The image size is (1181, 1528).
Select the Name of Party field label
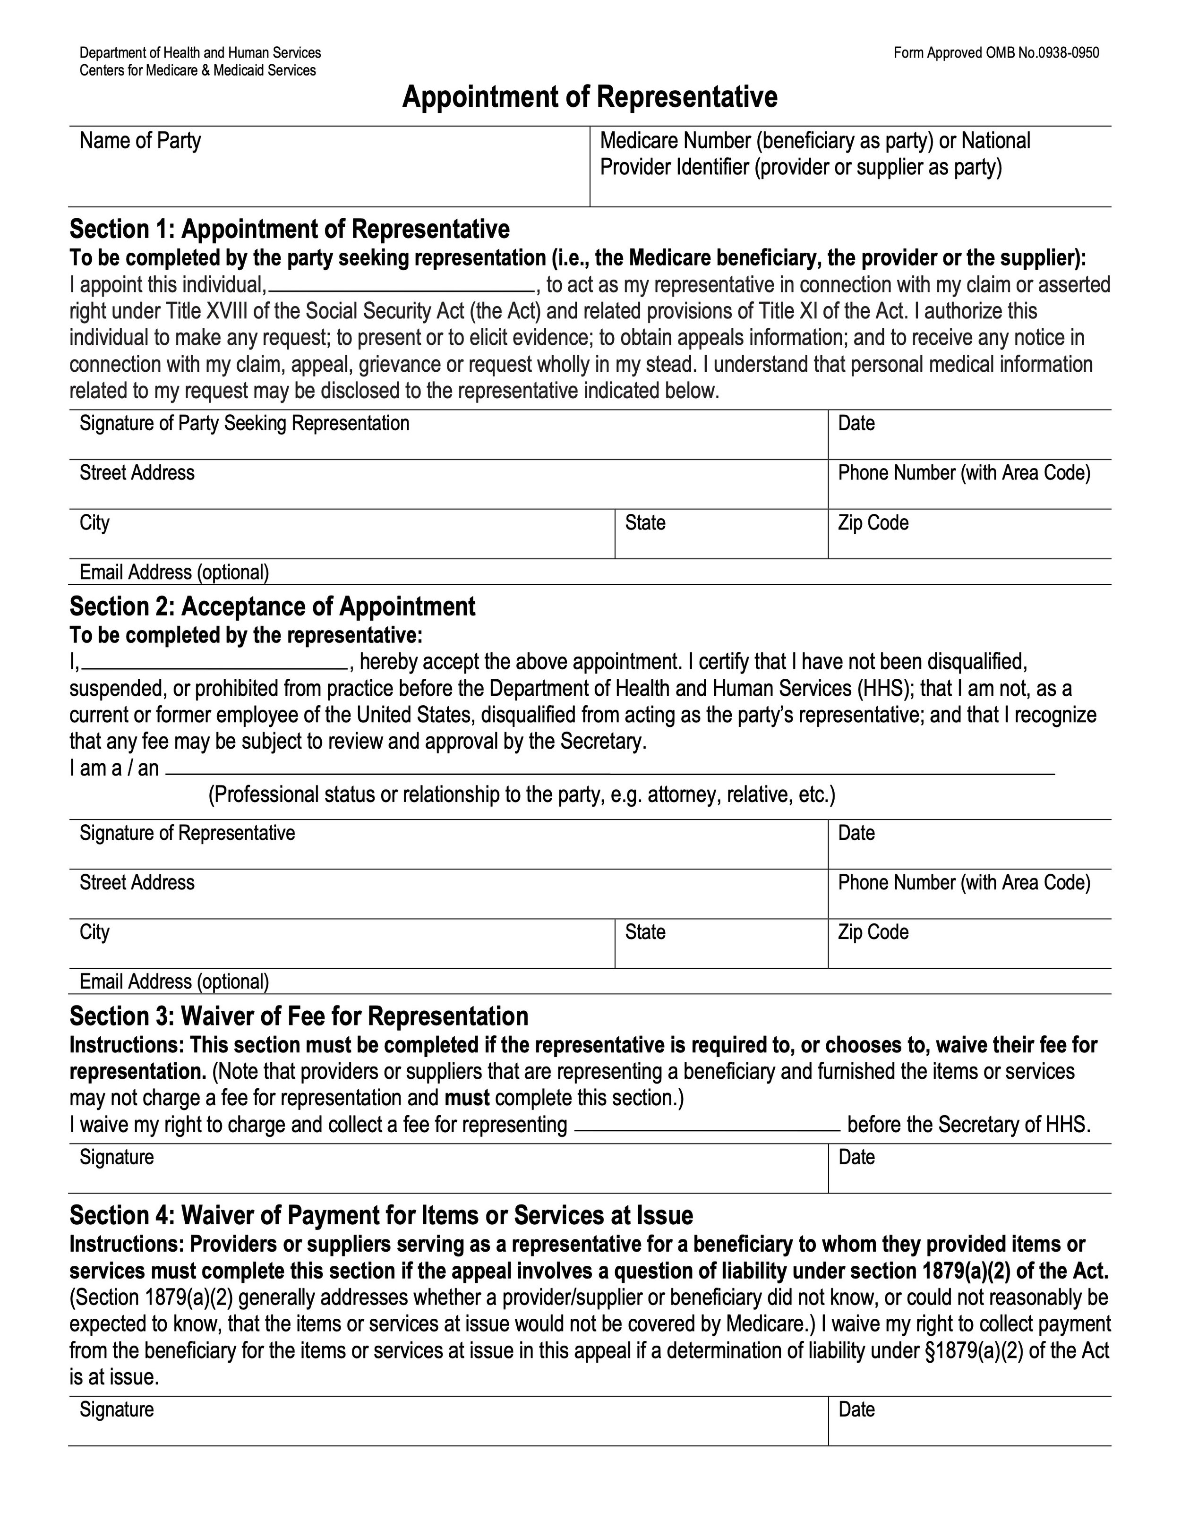coord(140,141)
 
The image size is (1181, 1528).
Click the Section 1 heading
coord(289,229)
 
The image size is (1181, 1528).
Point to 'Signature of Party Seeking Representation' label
coord(244,423)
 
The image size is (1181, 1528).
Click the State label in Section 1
coord(645,522)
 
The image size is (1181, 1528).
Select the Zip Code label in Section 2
coord(873,932)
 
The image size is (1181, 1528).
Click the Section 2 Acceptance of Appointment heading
coord(272,606)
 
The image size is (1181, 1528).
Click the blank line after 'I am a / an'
coord(609,772)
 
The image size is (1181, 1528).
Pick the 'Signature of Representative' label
coord(188,833)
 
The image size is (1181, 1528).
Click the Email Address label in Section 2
coord(174,982)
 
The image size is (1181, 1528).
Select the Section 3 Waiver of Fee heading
coord(299,1016)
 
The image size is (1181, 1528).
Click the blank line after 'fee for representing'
coord(707,1128)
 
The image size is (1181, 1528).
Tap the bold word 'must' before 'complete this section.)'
coord(467,1098)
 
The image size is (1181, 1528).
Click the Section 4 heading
coord(381,1215)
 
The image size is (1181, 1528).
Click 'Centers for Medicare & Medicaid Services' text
coord(197,71)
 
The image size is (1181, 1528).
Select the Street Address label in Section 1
coord(137,473)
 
